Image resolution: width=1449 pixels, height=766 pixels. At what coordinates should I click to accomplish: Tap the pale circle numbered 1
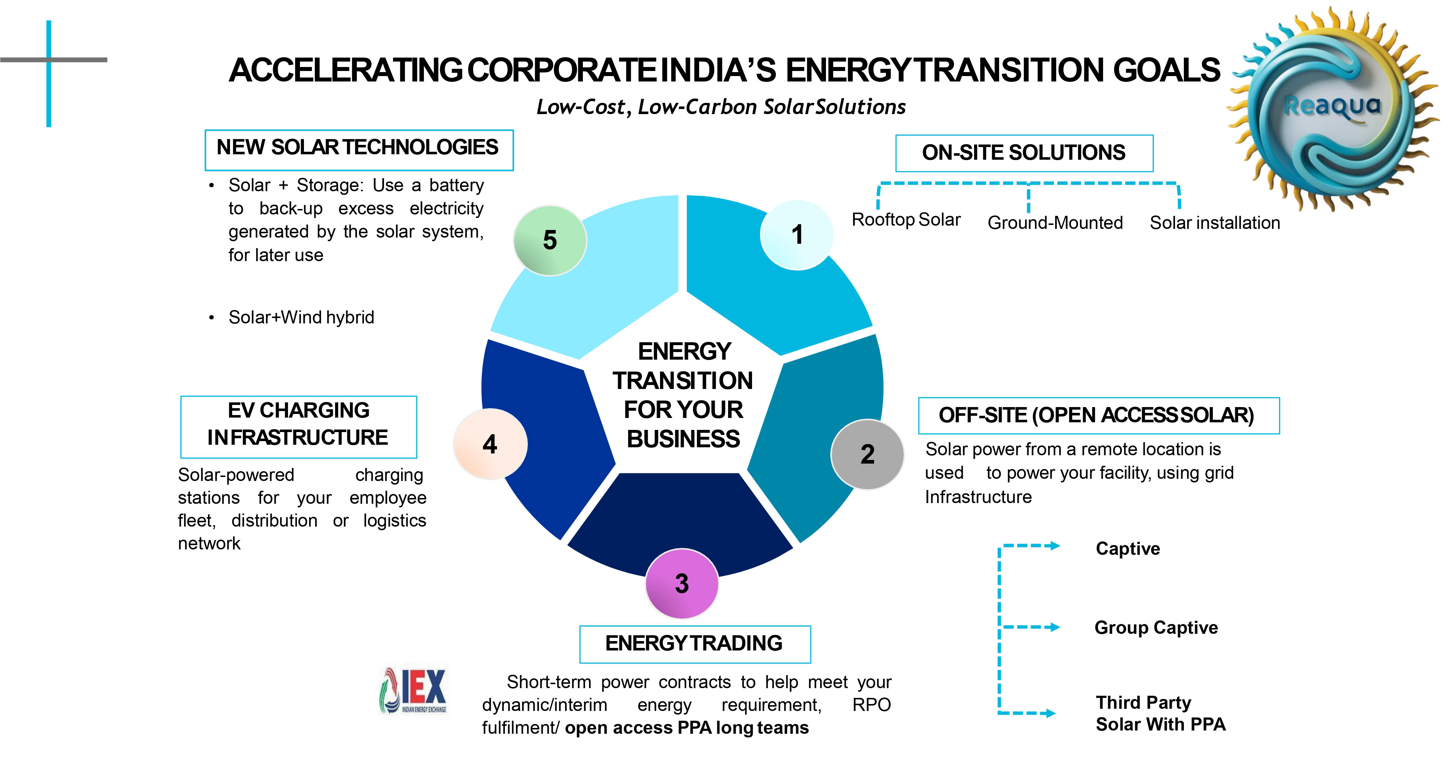(797, 235)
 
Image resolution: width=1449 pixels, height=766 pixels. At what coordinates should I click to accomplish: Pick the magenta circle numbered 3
(682, 583)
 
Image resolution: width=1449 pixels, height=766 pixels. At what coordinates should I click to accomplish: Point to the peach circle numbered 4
(490, 444)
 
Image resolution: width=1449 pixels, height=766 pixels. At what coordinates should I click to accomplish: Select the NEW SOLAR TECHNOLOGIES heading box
(359, 150)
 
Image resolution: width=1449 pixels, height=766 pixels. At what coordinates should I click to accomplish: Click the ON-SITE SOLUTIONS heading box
(1024, 153)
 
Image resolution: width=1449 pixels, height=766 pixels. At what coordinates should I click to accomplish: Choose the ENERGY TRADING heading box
(695, 644)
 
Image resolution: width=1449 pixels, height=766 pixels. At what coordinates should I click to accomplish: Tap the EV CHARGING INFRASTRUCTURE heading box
(299, 427)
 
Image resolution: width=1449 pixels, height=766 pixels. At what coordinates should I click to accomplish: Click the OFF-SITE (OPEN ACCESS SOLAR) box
(1099, 416)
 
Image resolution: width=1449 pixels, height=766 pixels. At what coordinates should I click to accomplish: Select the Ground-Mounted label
(1055, 223)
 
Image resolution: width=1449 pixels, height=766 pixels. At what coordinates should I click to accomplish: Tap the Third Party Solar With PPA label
(1160, 713)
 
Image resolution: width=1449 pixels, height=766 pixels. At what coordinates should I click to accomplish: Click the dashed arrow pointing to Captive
(1030, 545)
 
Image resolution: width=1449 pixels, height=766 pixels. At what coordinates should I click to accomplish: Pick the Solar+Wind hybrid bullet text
(301, 317)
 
